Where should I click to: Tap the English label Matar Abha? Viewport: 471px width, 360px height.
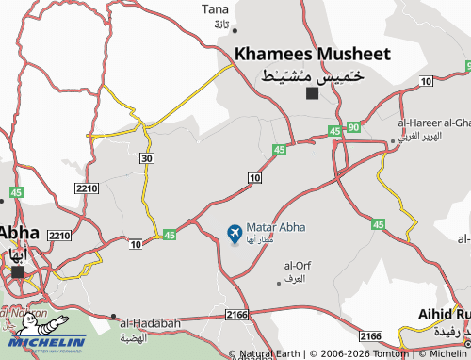275,228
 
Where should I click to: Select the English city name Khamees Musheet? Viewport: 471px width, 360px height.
312,54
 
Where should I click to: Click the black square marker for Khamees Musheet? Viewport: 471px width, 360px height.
312,92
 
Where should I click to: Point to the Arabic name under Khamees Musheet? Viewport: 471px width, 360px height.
312,74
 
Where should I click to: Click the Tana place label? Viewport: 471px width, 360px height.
215,9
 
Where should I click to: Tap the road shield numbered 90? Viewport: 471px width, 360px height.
353,127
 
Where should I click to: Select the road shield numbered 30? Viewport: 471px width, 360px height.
145,158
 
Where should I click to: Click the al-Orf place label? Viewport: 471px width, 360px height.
297,265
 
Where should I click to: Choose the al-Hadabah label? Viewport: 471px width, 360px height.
150,323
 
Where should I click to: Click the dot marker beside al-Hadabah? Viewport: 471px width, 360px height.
114,316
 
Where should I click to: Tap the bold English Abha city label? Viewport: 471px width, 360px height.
18,232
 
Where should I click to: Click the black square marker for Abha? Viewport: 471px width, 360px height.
18,271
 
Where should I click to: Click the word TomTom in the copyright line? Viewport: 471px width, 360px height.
390,353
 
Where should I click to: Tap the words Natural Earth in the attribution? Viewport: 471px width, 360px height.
273,353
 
